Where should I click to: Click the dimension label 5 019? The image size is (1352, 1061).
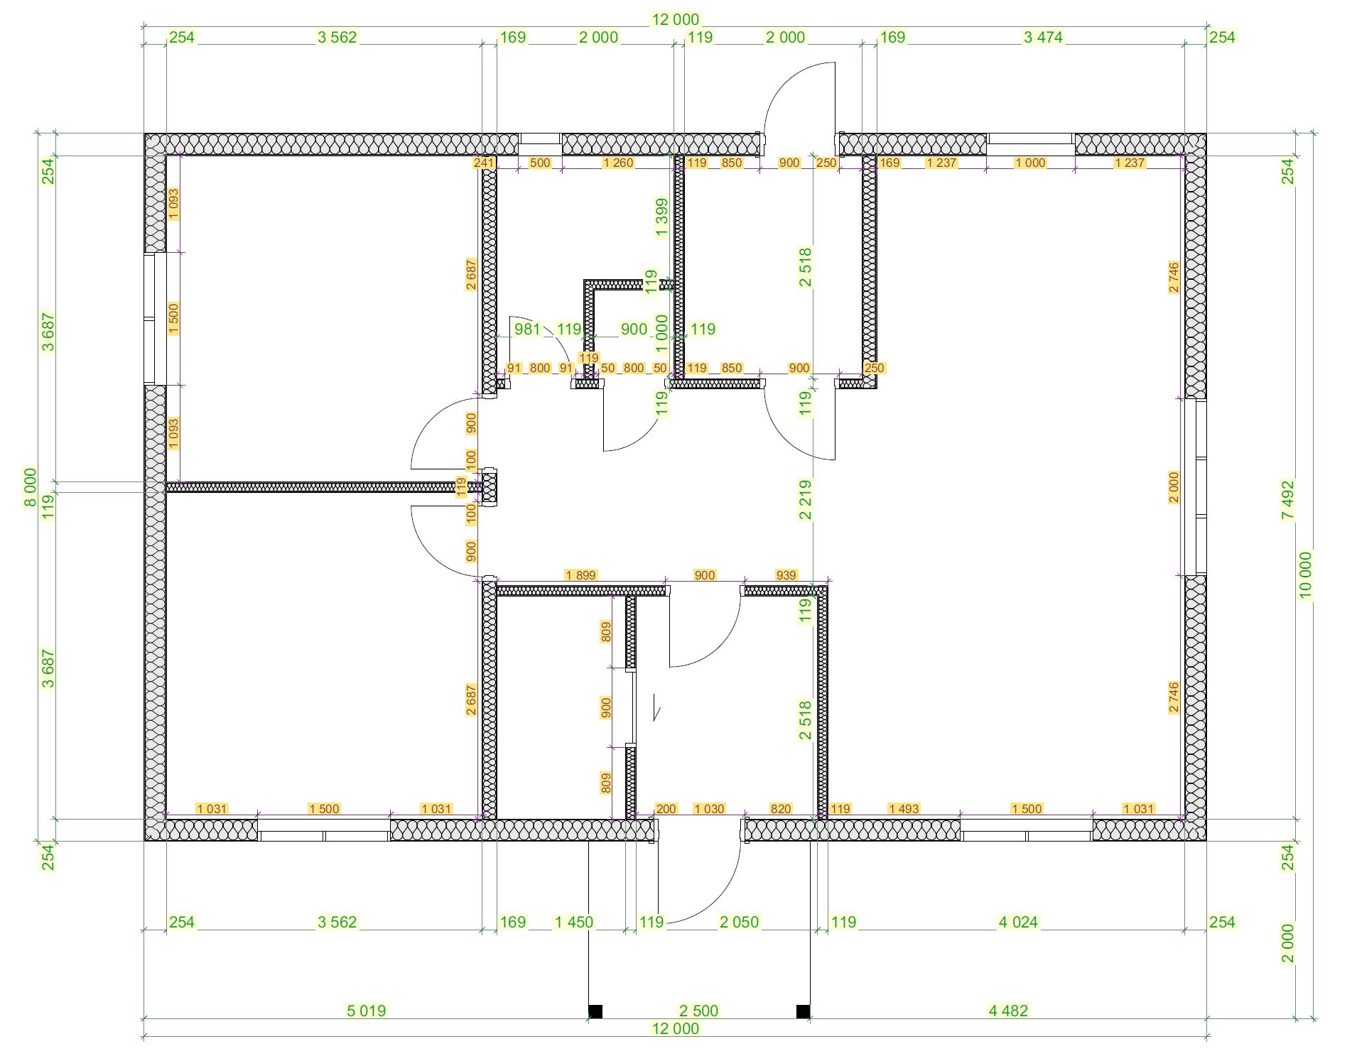[366, 1010]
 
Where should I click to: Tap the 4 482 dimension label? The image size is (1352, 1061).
[1008, 1010]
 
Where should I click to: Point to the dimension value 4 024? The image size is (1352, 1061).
[1018, 922]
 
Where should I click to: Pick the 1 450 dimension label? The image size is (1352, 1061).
[573, 922]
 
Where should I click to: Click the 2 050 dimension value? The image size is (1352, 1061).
[739, 922]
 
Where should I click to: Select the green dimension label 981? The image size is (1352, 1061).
[527, 329]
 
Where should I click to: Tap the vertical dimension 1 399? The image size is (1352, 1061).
[661, 217]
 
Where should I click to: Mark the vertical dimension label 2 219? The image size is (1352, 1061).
[805, 501]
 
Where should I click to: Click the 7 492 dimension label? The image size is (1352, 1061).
[1288, 501]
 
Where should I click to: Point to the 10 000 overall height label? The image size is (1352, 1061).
[1306, 575]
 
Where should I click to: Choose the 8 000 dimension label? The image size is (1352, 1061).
[30, 487]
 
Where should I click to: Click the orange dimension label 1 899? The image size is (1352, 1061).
[580, 575]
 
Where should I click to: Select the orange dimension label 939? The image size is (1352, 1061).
[786, 575]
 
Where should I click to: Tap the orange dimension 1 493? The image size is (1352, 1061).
[904, 808]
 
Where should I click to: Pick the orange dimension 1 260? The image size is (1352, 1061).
[617, 163]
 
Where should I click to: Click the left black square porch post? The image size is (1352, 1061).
[595, 1011]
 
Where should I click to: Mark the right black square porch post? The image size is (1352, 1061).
[804, 1011]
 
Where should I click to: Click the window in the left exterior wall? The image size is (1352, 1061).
[155, 319]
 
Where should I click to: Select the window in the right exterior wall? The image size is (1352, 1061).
[1196, 487]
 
